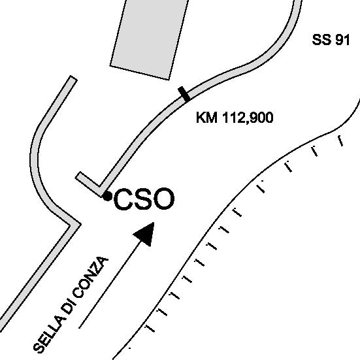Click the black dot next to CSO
point(107,196)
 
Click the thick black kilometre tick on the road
point(184,94)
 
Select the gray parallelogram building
point(150,39)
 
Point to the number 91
point(342,40)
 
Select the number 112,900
point(248,118)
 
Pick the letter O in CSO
point(163,199)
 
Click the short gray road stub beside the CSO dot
point(89,184)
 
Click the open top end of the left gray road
point(73,78)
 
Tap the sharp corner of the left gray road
point(79,224)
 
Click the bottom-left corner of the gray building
point(110,66)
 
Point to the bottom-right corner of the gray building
point(169,80)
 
